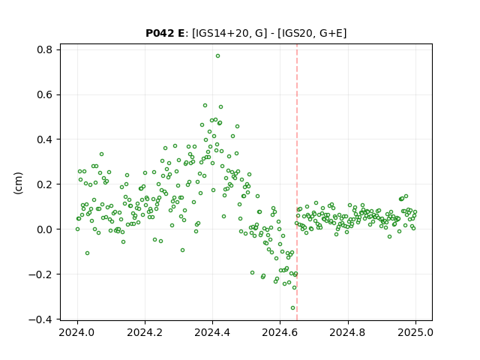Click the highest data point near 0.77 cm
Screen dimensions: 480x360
coord(217,56)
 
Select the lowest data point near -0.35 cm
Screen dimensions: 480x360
coord(292,308)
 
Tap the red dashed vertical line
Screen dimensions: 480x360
coord(297,182)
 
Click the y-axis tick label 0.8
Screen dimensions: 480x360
coord(45,49)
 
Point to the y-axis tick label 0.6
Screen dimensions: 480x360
coord(45,94)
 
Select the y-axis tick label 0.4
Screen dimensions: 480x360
coord(45,139)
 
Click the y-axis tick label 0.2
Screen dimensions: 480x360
coord(45,184)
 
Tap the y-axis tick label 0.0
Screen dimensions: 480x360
coord(45,229)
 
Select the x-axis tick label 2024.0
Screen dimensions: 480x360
coord(77,332)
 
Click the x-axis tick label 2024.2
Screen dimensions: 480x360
coord(145,332)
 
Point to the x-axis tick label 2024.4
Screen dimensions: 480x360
coord(212,332)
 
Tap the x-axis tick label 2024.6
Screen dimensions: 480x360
coord(280,332)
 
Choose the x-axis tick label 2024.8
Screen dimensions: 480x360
coord(347,332)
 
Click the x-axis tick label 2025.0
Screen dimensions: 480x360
coord(415,332)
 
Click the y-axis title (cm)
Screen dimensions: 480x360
coord(18,183)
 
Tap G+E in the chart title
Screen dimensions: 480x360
coord(331,33)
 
